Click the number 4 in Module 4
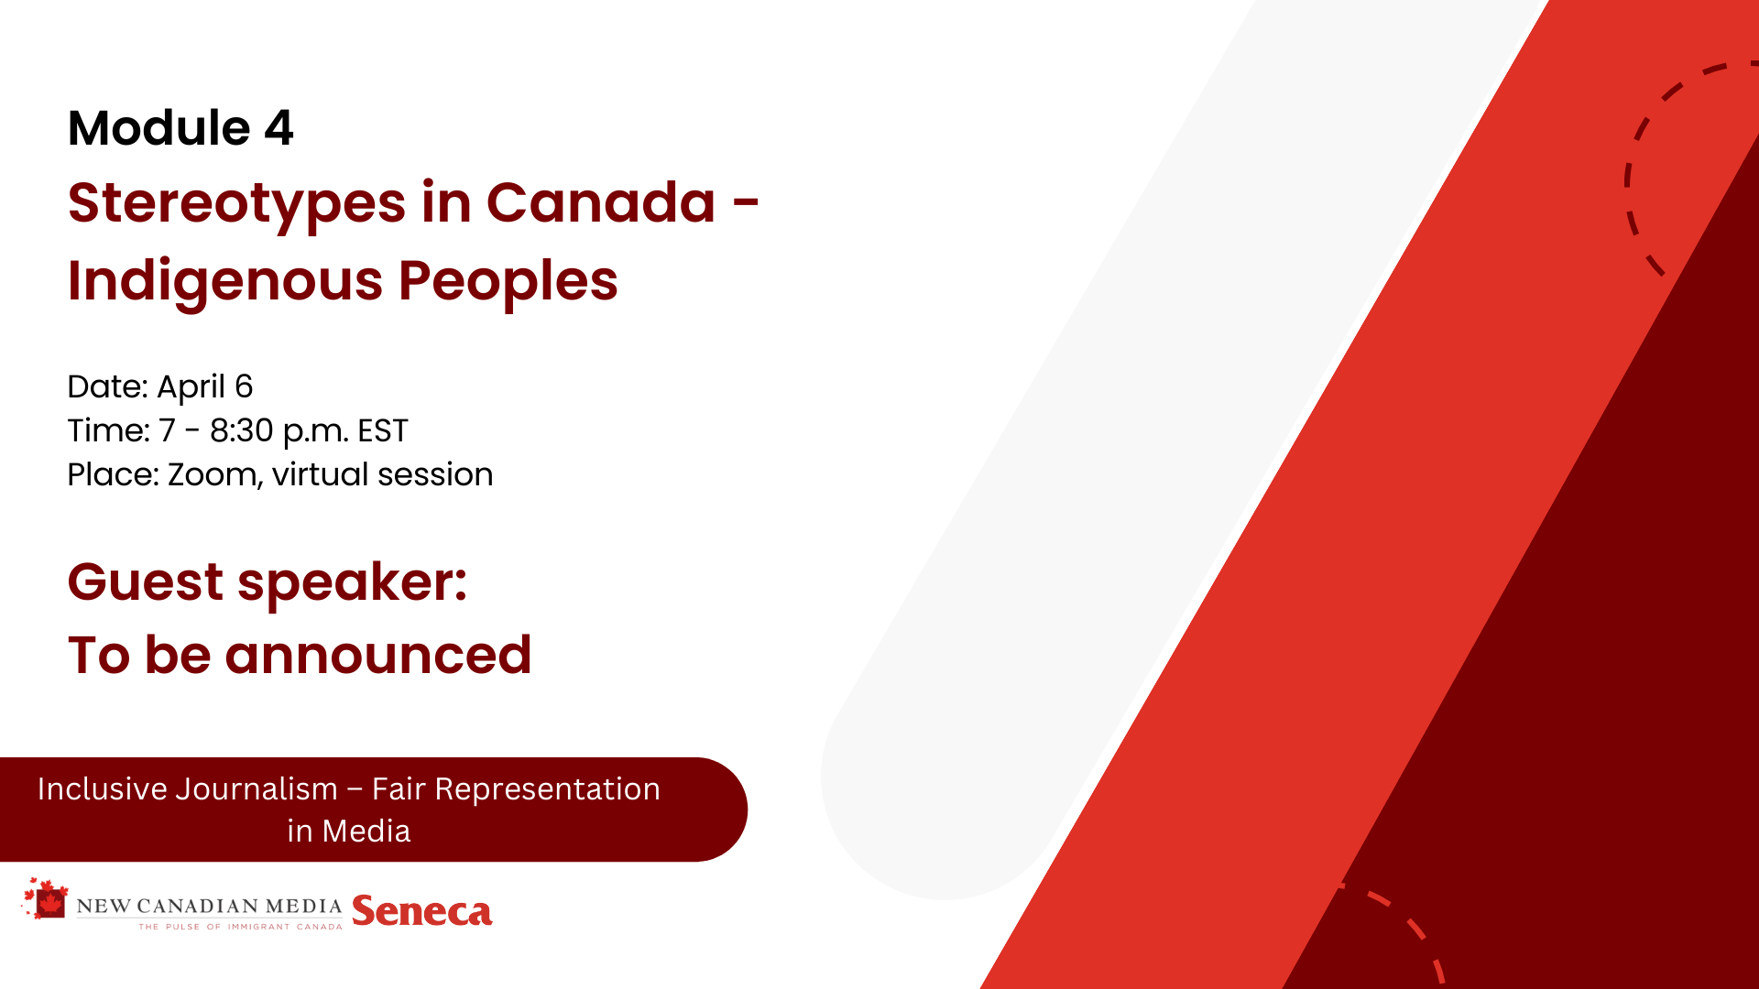tap(279, 128)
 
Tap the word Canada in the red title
tap(600, 202)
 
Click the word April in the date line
tap(191, 387)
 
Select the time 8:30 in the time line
tap(242, 430)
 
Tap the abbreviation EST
tap(383, 430)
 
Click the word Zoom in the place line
tap(215, 475)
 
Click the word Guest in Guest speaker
tap(146, 582)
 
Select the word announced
tap(378, 656)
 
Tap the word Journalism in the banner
tap(257, 789)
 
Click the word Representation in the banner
tap(547, 789)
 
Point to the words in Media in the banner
tap(349, 831)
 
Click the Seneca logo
tap(422, 911)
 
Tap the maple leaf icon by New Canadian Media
tap(46, 898)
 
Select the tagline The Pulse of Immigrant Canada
tap(240, 927)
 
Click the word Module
tap(159, 128)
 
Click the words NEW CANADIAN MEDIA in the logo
tap(209, 907)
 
